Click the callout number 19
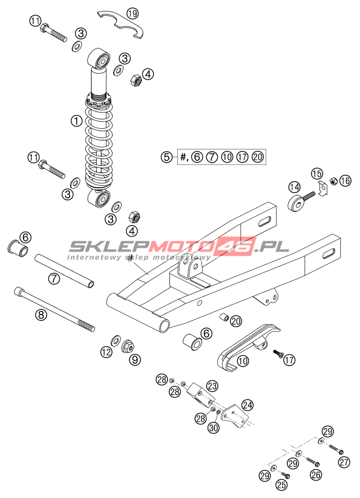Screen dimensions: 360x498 coord(133,13)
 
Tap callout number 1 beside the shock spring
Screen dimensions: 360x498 coord(76,120)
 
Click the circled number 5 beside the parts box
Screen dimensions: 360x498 coord(166,157)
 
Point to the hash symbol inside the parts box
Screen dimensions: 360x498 coord(183,157)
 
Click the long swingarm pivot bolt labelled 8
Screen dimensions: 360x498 coord(54,310)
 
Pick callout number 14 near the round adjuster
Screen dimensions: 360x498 coord(294,187)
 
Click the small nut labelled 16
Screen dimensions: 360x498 coord(333,182)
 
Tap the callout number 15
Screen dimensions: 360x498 coord(316,174)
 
